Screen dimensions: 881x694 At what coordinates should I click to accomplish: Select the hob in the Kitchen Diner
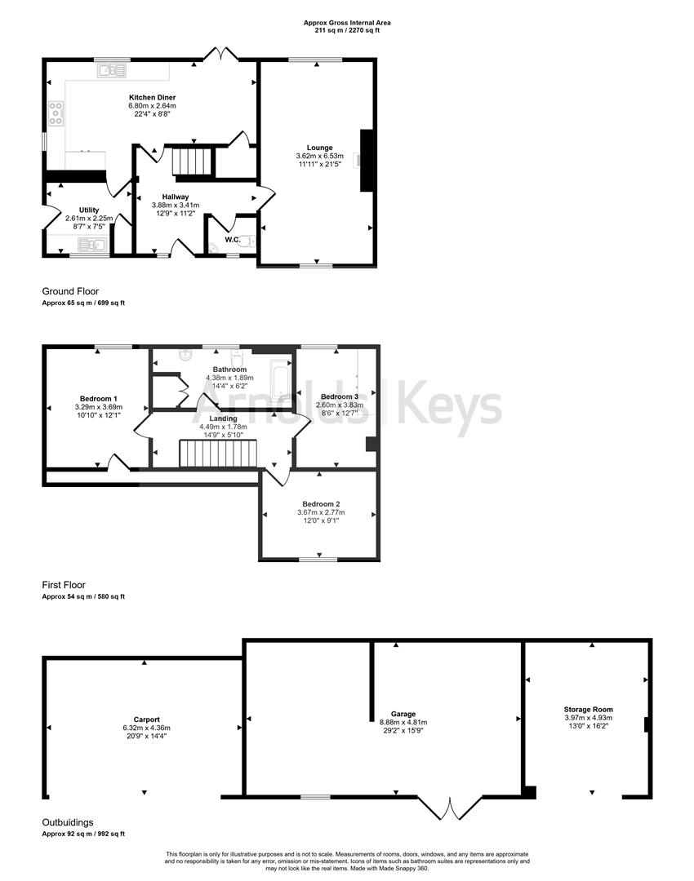point(56,113)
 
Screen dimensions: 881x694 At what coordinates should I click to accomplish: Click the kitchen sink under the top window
point(110,71)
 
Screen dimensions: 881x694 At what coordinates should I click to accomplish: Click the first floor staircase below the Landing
point(217,454)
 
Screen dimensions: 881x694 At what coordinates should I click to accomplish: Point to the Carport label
point(146,719)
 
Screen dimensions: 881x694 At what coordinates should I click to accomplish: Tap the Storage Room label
point(588,710)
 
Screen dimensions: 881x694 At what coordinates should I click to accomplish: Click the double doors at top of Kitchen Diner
point(220,55)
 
